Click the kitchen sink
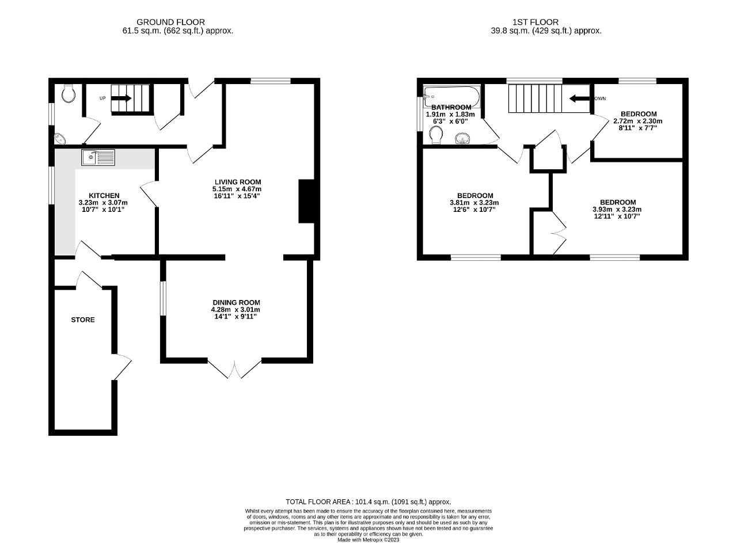click(98, 157)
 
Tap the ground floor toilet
click(69, 93)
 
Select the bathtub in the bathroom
click(452, 96)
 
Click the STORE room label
click(83, 320)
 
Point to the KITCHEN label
click(104, 195)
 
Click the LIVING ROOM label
click(238, 182)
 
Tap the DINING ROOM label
click(236, 302)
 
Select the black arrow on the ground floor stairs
click(121, 98)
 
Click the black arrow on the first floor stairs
click(579, 98)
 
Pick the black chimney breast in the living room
click(307, 202)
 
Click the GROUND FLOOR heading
click(171, 22)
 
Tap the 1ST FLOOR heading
click(535, 22)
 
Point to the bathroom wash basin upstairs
click(464, 139)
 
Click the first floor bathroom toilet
click(436, 135)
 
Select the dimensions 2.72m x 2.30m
click(637, 121)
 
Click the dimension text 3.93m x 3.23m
click(617, 209)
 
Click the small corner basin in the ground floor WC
click(60, 139)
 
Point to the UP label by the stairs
click(102, 98)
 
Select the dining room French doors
click(234, 369)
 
